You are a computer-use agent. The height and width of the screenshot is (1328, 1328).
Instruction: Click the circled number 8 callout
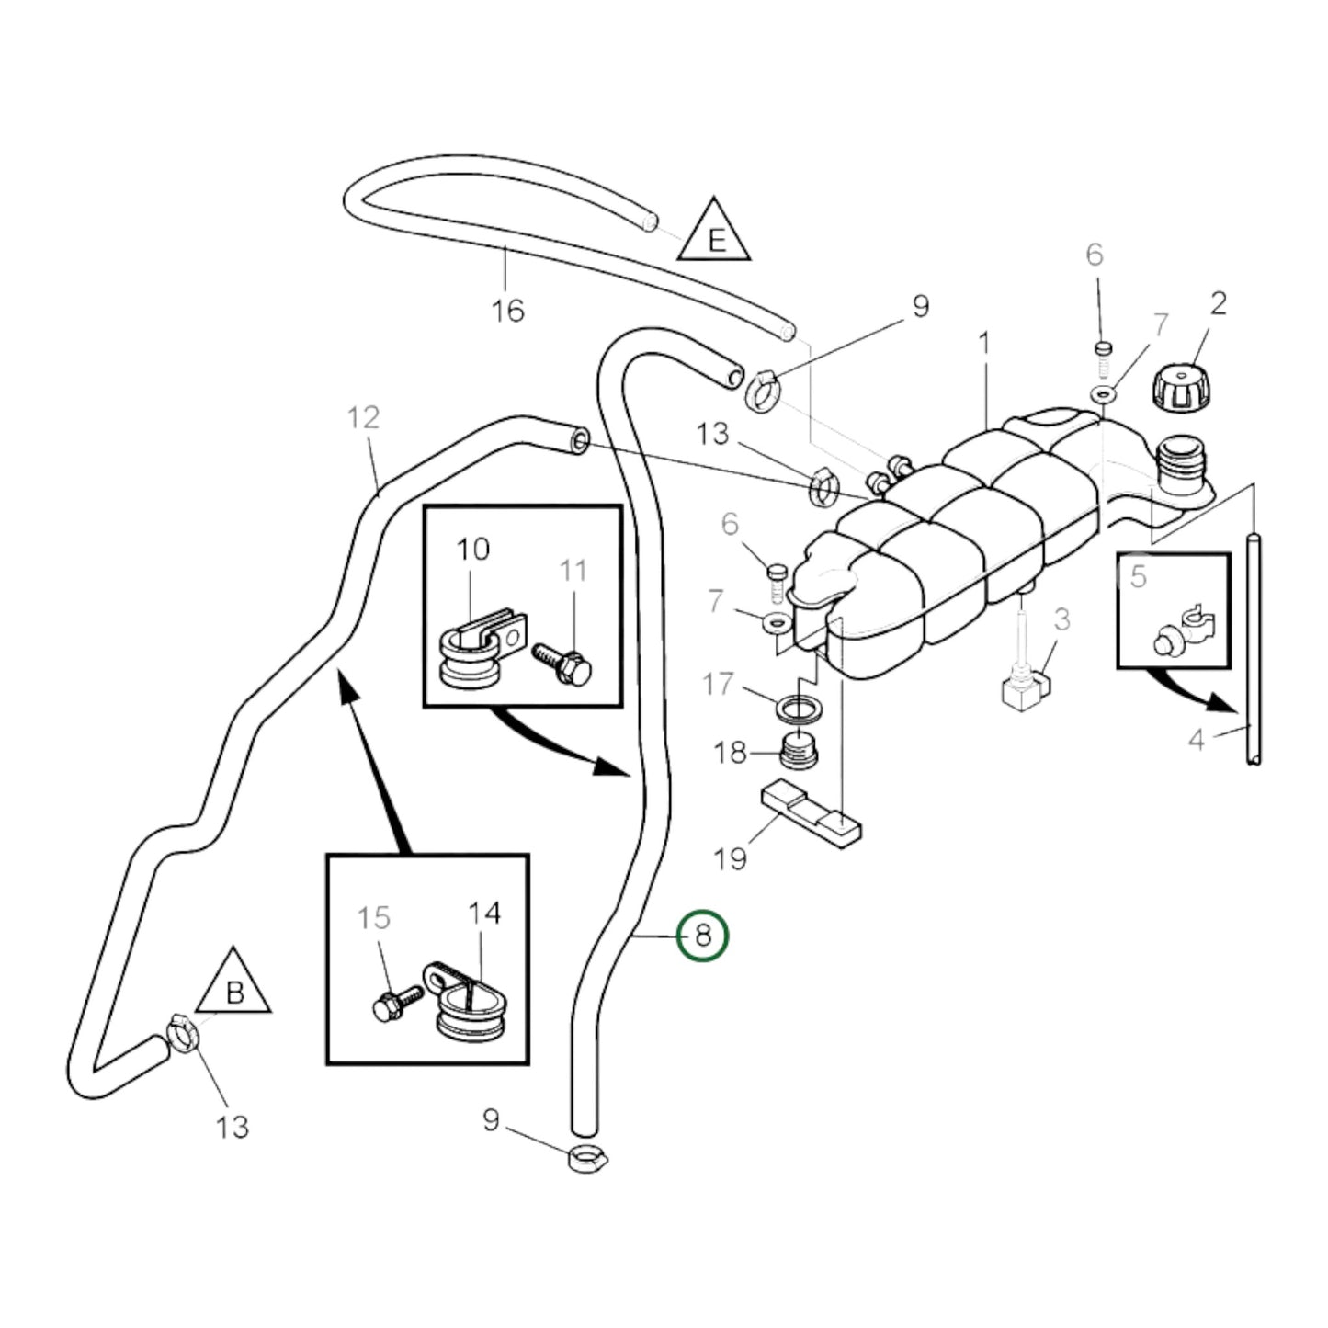pyautogui.click(x=702, y=936)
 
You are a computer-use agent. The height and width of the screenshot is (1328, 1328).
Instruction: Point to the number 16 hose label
pyautogui.click(x=507, y=311)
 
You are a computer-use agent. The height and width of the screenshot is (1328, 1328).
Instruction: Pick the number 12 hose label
pyautogui.click(x=364, y=418)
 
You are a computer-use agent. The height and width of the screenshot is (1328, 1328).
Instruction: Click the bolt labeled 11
pyautogui.click(x=563, y=660)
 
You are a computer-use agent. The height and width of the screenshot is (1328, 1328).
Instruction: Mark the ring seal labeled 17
pyautogui.click(x=800, y=709)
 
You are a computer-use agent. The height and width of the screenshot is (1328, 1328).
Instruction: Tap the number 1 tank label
pyautogui.click(x=984, y=344)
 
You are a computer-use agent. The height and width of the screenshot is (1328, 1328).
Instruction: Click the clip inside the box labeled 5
pyautogui.click(x=1185, y=635)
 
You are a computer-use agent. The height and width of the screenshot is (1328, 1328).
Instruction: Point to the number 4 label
pyautogui.click(x=1197, y=738)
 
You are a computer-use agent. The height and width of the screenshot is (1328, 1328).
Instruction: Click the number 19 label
pyautogui.click(x=731, y=859)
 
